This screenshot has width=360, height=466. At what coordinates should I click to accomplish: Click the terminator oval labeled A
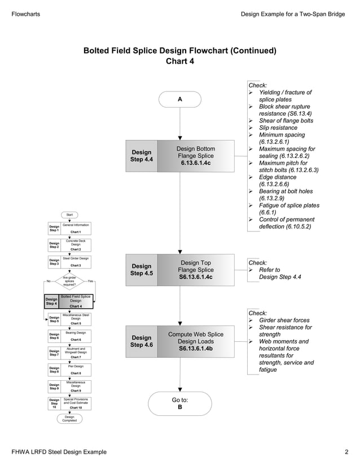click(x=179, y=99)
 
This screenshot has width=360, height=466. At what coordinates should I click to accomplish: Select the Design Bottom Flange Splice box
click(x=195, y=156)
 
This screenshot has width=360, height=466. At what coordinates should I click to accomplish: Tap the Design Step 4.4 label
click(x=141, y=156)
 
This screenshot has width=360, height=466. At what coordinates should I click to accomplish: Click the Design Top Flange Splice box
click(x=195, y=270)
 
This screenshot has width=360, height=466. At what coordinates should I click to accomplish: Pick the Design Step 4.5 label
click(x=141, y=270)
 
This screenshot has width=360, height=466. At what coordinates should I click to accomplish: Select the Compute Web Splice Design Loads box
click(x=195, y=342)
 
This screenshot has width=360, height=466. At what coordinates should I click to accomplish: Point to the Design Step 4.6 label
click(x=141, y=342)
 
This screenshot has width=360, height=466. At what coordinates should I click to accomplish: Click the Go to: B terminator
click(x=179, y=403)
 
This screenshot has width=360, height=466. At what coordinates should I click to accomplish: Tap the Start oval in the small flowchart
click(x=70, y=215)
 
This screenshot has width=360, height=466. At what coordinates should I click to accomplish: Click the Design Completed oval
click(x=70, y=419)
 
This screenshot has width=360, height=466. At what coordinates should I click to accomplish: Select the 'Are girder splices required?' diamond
click(x=70, y=281)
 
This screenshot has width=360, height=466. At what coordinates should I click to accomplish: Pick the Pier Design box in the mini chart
click(x=76, y=370)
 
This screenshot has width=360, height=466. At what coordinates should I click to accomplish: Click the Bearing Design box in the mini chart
click(x=76, y=336)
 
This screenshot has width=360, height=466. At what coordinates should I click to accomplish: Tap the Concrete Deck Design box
click(x=76, y=245)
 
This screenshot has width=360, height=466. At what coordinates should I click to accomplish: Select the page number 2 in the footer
click(x=346, y=452)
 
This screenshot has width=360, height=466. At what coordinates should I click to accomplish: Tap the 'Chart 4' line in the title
click(x=179, y=61)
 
